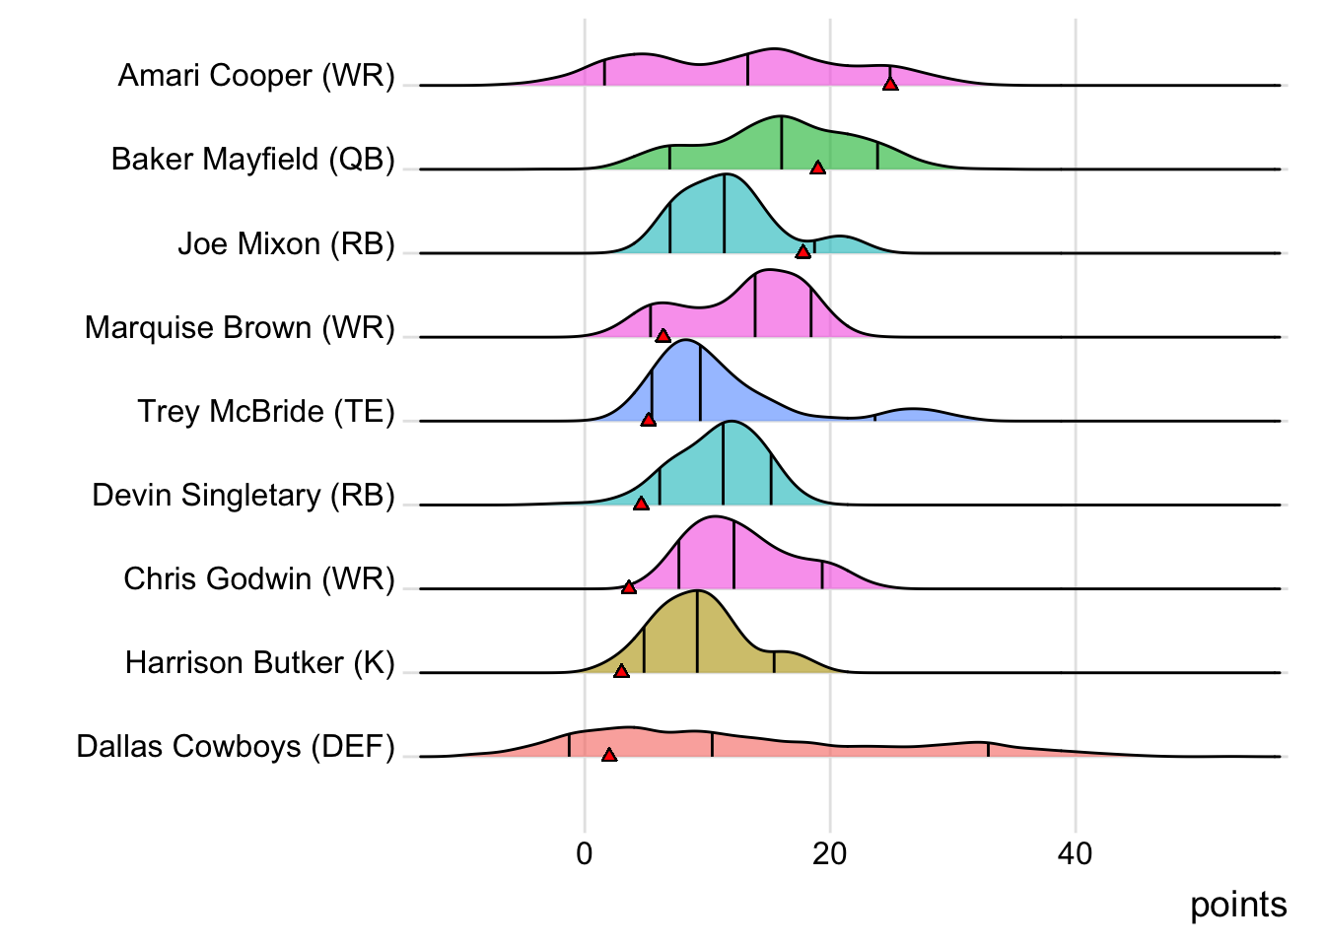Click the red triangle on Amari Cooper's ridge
pyautogui.click(x=890, y=85)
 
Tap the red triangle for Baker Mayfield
pyautogui.click(x=817, y=169)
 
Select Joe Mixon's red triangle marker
pyautogui.click(x=803, y=252)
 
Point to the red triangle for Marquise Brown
pyautogui.click(x=662, y=336)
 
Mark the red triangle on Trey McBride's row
pyautogui.click(x=648, y=420)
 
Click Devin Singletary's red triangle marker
pyautogui.click(x=641, y=504)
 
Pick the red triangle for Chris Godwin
pyautogui.click(x=629, y=587)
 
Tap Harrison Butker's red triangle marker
pyautogui.click(x=621, y=671)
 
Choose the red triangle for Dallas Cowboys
pyautogui.click(x=609, y=755)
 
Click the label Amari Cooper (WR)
pyautogui.click(x=256, y=76)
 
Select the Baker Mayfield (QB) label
pyautogui.click(x=252, y=160)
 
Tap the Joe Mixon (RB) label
pyautogui.click(x=286, y=243)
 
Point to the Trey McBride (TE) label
pyautogui.click(x=266, y=411)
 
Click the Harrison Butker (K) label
pyautogui.click(x=259, y=662)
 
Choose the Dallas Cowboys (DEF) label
pyautogui.click(x=236, y=746)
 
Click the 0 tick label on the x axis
pyautogui.click(x=585, y=853)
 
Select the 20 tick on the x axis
pyautogui.click(x=830, y=853)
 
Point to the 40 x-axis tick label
pyautogui.click(x=1075, y=853)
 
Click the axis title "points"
pyautogui.click(x=1238, y=905)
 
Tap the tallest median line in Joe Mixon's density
pyautogui.click(x=725, y=213)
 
